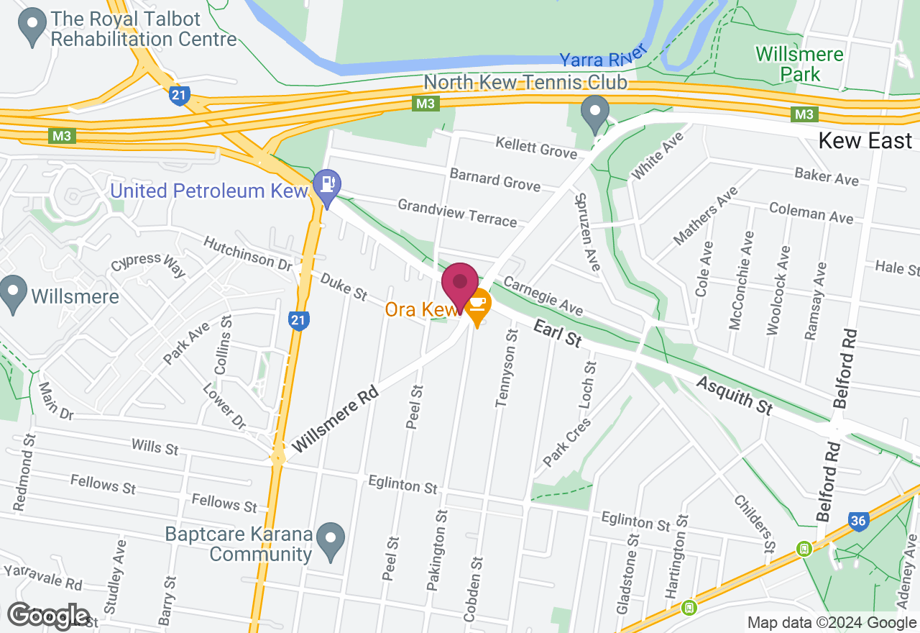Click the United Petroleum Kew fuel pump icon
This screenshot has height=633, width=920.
click(326, 183)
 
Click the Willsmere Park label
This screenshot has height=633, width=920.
click(799, 63)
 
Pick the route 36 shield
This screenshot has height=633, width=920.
click(858, 521)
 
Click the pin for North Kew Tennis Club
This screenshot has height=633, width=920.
click(595, 113)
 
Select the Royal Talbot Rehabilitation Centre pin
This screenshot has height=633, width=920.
click(32, 27)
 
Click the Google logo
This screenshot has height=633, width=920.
click(48, 616)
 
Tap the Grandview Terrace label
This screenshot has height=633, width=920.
click(457, 213)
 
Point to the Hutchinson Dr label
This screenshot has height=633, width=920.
click(248, 252)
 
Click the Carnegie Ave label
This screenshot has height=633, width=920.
click(543, 295)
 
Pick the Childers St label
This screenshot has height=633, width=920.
click(755, 524)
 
